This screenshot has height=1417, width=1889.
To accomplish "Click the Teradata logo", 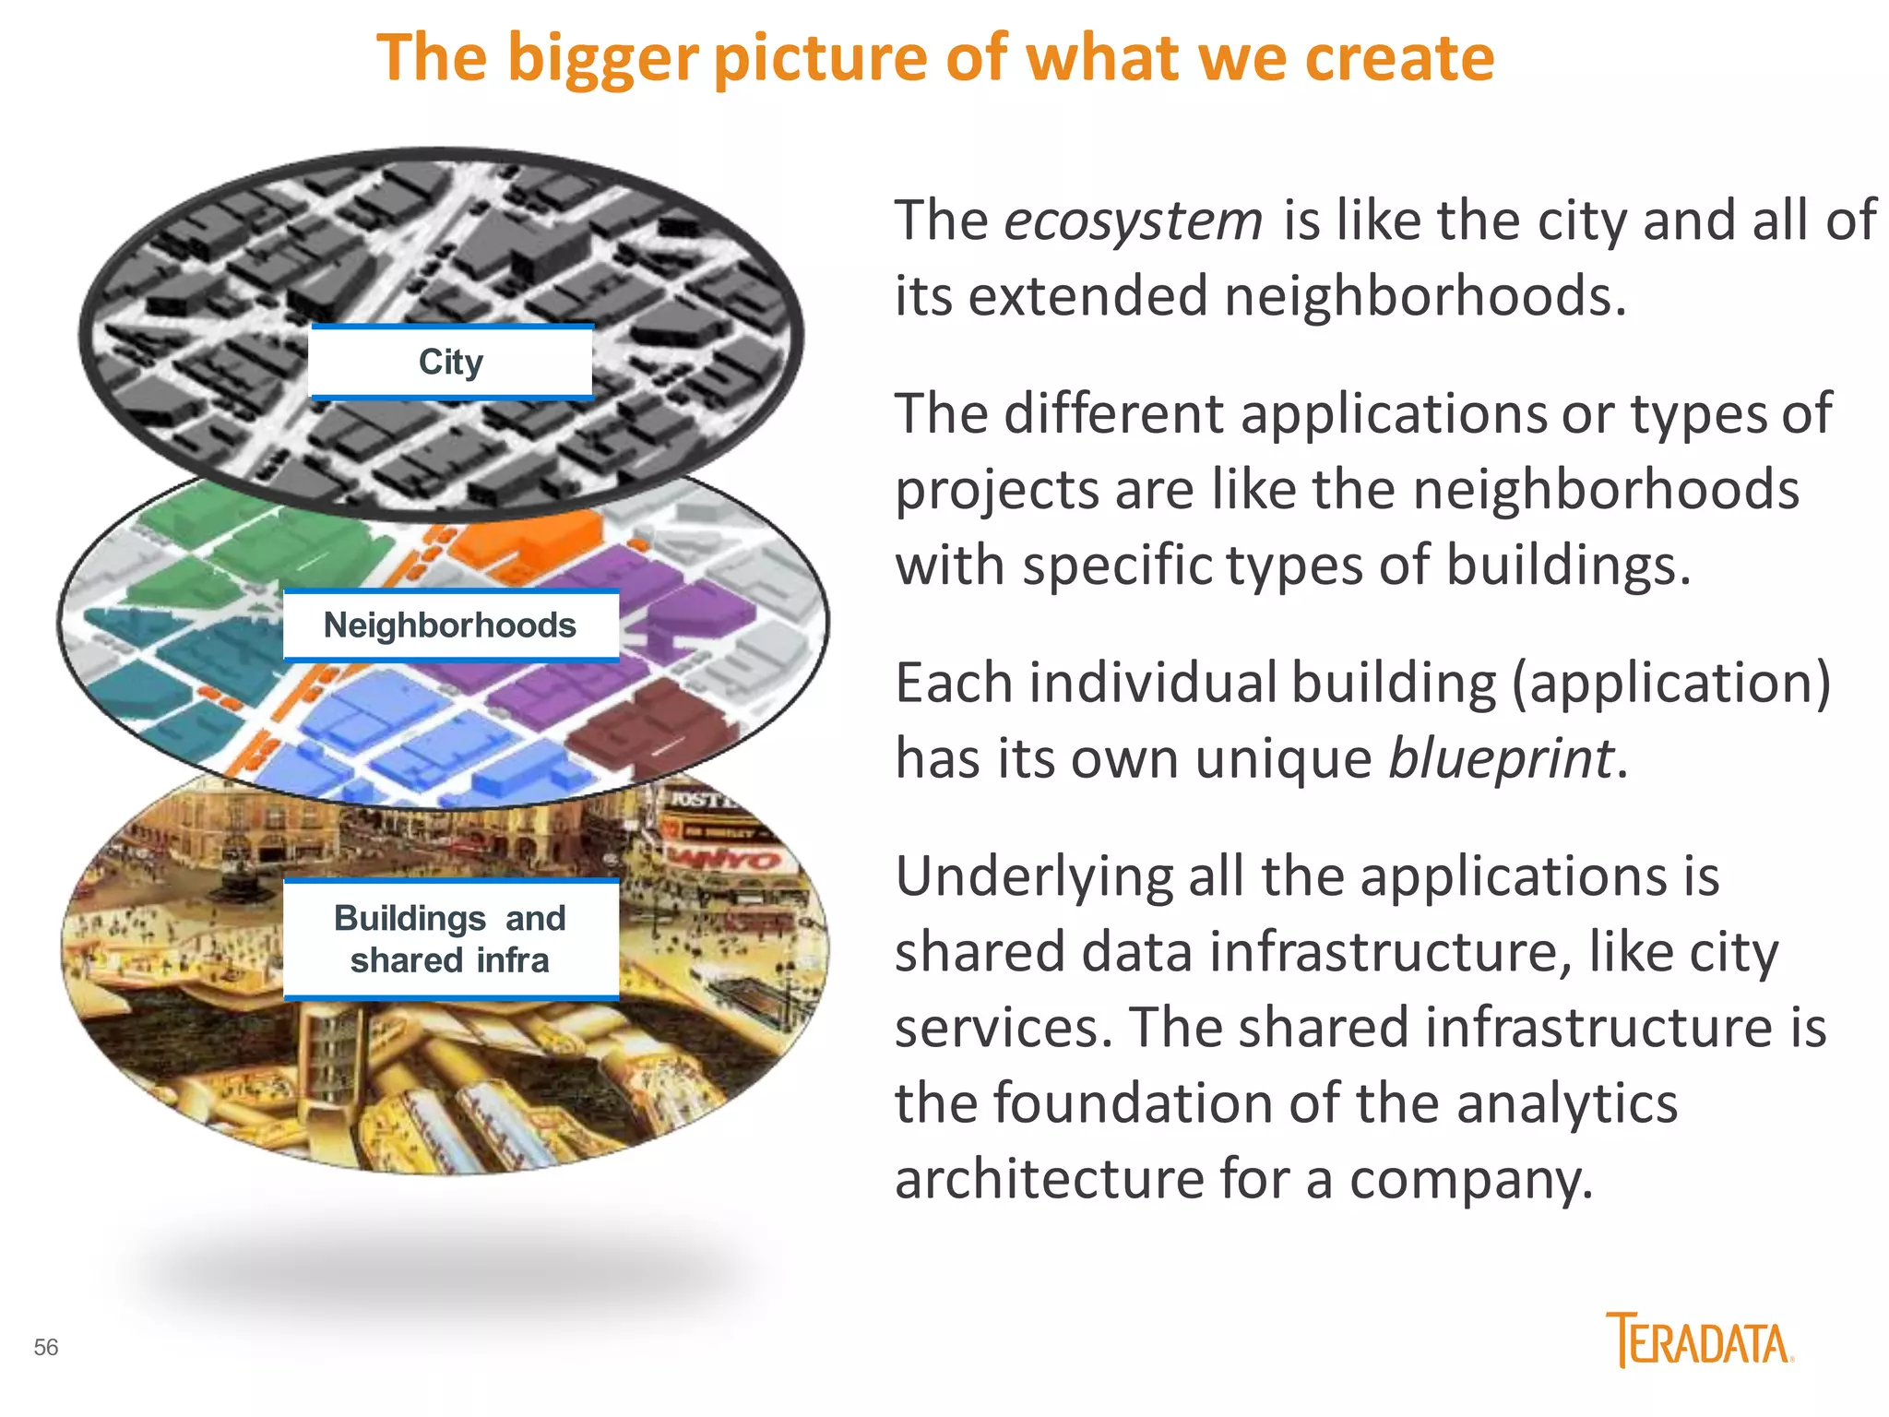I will [x=1699, y=1340].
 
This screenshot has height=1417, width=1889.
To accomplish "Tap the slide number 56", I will [x=46, y=1348].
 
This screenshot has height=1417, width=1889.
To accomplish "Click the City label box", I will [x=451, y=363].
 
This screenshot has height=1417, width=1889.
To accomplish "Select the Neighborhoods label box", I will [x=450, y=625].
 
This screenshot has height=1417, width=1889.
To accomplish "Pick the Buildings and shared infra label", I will [x=450, y=939].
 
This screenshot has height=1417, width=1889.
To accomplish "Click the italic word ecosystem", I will [x=1133, y=221].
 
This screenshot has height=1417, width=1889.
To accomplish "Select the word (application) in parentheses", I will [x=1670, y=685].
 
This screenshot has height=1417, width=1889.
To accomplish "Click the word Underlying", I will [x=1033, y=876].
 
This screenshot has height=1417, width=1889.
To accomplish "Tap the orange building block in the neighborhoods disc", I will [x=526, y=540].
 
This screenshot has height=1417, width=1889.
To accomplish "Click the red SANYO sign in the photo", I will [x=729, y=858].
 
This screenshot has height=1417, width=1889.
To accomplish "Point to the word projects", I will [x=996, y=491].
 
